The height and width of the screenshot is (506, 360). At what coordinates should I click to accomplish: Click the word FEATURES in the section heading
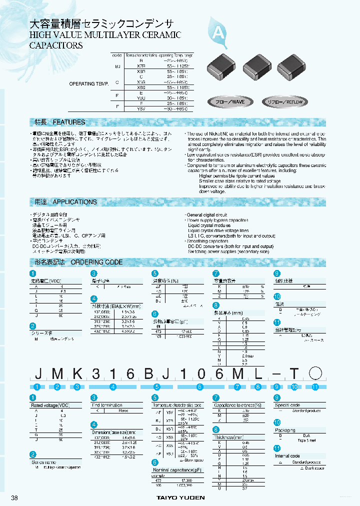[69, 122]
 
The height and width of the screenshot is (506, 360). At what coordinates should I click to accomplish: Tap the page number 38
[15, 497]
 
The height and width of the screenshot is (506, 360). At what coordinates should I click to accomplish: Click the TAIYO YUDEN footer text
[179, 498]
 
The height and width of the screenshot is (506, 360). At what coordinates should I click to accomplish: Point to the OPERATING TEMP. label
[88, 84]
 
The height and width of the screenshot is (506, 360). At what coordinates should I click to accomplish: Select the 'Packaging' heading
[285, 429]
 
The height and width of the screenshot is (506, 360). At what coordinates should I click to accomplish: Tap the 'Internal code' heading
[287, 456]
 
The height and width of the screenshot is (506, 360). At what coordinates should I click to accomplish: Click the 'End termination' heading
[106, 405]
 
